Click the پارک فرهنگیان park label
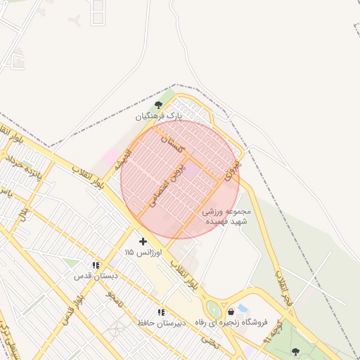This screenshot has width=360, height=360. pyautogui.click(x=159, y=115)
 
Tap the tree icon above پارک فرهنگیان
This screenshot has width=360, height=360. pyautogui.click(x=158, y=104)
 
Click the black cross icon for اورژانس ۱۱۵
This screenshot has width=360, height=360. pyautogui.click(x=143, y=241)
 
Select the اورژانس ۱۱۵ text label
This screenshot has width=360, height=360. pyautogui.click(x=143, y=252)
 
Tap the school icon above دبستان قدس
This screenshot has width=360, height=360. pyautogui.click(x=95, y=266)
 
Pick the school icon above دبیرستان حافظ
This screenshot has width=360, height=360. pyautogui.click(x=161, y=312)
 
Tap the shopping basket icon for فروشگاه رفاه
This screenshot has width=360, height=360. pyautogui.click(x=231, y=312)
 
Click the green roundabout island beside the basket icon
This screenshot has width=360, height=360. pyautogui.click(x=213, y=309)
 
